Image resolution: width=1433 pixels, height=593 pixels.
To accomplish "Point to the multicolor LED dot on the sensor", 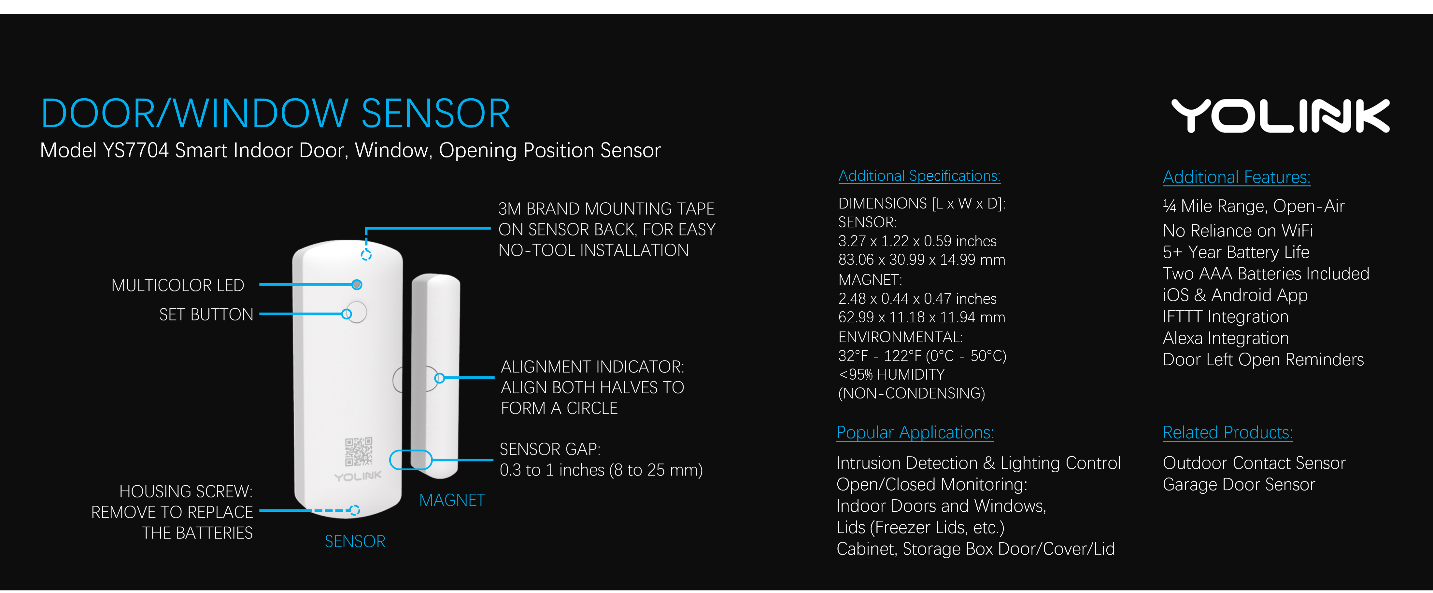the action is click(357, 285).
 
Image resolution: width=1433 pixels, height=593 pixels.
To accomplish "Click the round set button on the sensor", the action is click(356, 312).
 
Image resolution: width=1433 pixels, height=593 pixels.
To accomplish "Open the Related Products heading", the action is click(1227, 432).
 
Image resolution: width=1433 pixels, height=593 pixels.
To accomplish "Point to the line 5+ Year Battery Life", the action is click(1236, 252).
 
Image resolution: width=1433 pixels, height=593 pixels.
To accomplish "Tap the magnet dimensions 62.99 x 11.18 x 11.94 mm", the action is click(921, 317).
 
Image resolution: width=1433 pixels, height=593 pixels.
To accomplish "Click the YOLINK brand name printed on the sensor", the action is click(358, 476).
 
